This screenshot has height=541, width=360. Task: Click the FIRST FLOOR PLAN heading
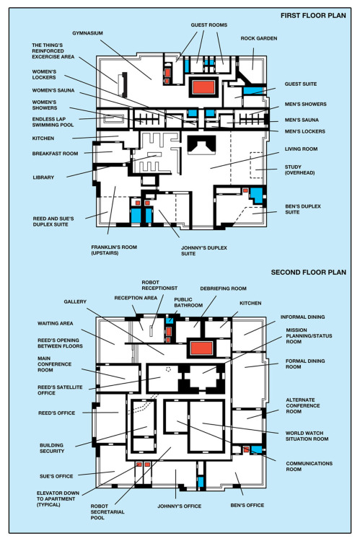(313, 16)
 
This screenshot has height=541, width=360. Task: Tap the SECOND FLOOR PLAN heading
(308, 272)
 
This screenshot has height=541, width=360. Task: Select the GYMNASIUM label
(88, 33)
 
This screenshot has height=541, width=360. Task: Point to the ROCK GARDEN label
(259, 38)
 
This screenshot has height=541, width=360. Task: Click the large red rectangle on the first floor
(203, 87)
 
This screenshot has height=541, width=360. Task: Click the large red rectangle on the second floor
(202, 348)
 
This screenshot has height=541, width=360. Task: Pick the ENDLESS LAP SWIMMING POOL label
(53, 122)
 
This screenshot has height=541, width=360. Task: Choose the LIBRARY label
(43, 177)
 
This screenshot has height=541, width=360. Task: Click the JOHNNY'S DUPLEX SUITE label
(204, 250)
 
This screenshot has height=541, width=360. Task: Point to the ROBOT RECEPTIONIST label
(159, 285)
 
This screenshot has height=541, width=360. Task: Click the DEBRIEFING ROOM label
(224, 289)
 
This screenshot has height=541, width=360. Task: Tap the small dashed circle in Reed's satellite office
(168, 369)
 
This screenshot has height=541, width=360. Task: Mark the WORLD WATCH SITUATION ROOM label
(307, 436)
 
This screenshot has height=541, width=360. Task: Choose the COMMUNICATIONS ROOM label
(309, 466)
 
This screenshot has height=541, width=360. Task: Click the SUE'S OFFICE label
(56, 476)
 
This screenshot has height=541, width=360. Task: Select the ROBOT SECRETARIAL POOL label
(107, 511)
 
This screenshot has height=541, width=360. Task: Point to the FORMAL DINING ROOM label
(305, 364)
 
